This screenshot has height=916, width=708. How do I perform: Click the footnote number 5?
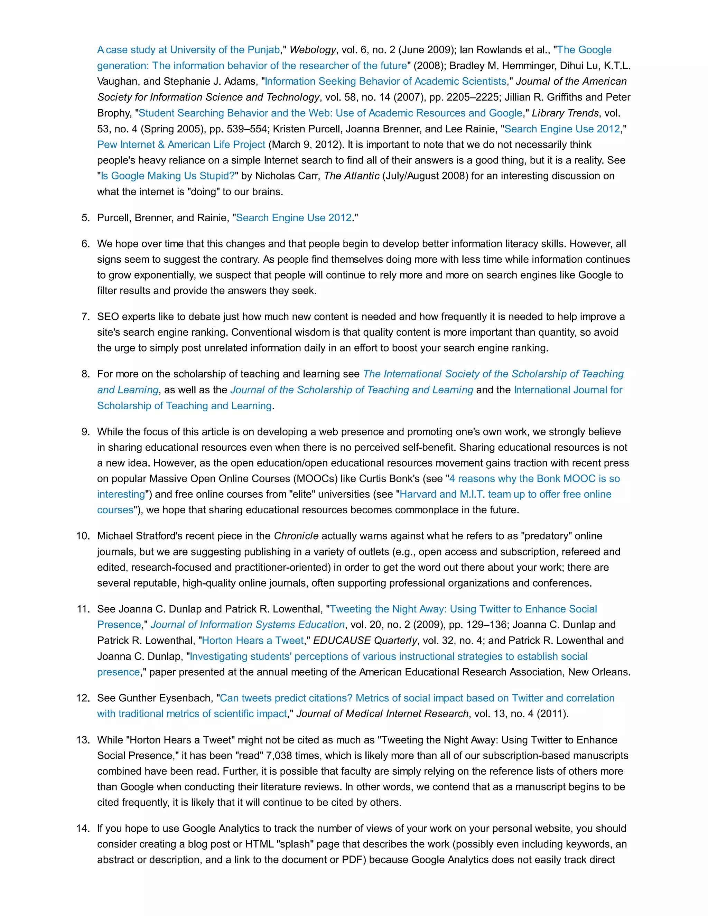[x=86, y=218]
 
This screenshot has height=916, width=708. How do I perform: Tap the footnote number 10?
[x=83, y=536]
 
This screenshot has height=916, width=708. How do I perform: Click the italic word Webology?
[x=313, y=50]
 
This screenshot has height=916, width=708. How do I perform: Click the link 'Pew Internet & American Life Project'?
[x=181, y=145]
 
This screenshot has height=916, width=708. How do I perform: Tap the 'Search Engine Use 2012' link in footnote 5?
[x=294, y=218]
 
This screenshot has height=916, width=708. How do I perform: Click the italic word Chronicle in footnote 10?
[x=296, y=536]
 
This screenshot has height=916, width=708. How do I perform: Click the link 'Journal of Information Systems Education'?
[x=248, y=625]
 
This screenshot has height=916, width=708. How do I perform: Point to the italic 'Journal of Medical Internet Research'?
[x=382, y=713]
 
